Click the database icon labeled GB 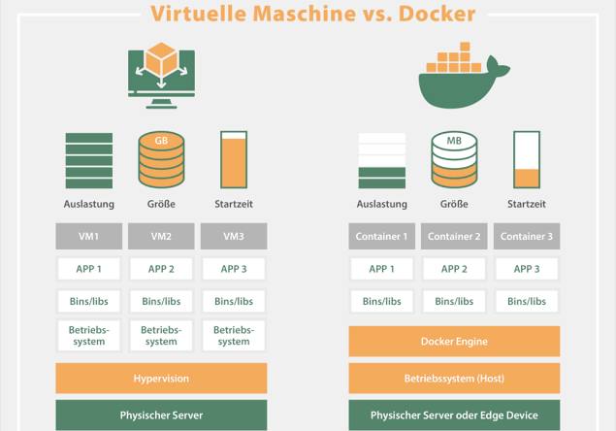[x=161, y=159]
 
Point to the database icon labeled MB [x=454, y=159]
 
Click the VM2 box [x=161, y=236]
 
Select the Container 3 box [x=527, y=236]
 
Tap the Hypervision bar [x=161, y=378]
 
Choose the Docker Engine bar [x=454, y=341]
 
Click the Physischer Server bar [x=161, y=414]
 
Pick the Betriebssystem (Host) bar [x=454, y=378]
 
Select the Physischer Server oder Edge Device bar [x=454, y=414]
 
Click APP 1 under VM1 [x=88, y=269]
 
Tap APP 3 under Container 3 [x=527, y=269]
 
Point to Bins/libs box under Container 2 [x=454, y=301]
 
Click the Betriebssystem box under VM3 [x=233, y=335]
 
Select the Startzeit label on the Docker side [x=527, y=204]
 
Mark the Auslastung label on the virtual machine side [x=88, y=204]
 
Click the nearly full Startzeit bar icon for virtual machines [x=233, y=159]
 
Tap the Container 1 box [x=381, y=236]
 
